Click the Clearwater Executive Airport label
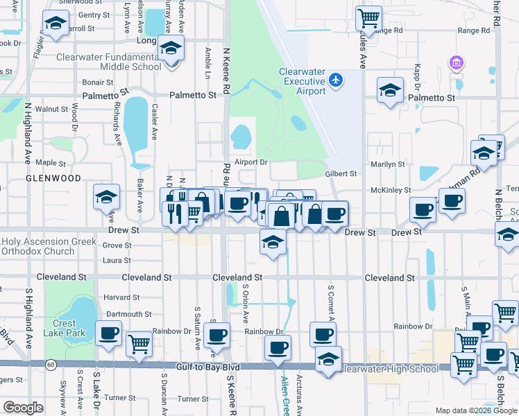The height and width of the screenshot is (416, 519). point(302,81)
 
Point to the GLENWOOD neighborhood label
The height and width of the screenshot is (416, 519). point(53,178)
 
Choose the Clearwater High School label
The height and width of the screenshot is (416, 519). point(389,369)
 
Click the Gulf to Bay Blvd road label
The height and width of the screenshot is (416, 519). point(207,366)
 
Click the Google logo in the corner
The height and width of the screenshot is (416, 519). point(23,407)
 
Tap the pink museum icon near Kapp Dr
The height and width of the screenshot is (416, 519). point(456,64)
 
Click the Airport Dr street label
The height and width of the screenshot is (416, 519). point(250,162)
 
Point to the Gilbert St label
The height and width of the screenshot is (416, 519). point(341,174)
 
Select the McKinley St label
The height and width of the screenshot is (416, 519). point(391,189)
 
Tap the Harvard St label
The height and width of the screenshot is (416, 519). point(121,297)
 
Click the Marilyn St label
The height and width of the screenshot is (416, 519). point(387,164)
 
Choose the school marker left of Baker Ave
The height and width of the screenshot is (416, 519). point(107,198)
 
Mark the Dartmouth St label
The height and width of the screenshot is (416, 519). point(128,314)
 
